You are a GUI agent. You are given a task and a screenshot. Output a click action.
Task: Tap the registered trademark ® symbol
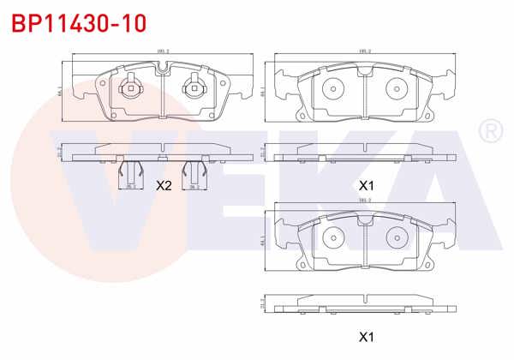point(491,131)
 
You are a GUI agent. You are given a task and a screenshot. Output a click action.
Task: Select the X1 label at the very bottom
point(366,336)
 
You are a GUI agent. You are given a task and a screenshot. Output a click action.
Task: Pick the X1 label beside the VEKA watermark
point(366,185)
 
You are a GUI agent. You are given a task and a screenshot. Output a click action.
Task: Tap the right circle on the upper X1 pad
point(396,88)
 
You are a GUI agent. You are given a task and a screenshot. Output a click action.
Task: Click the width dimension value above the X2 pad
point(162,51)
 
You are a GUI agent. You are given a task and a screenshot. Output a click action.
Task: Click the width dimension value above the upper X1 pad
point(364,51)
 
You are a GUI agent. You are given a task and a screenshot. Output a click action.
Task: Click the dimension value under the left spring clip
point(130,187)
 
